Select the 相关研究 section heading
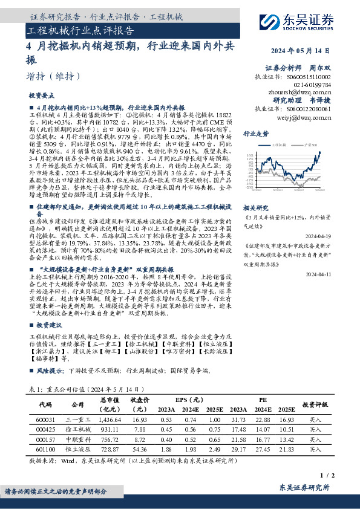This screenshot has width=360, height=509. (x=255, y=206)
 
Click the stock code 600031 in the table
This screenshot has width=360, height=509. (x=46, y=420)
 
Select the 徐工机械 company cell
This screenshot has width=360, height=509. (x=78, y=430)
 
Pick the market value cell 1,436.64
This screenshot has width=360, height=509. (x=110, y=420)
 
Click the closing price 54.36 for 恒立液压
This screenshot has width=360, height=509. (x=140, y=450)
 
